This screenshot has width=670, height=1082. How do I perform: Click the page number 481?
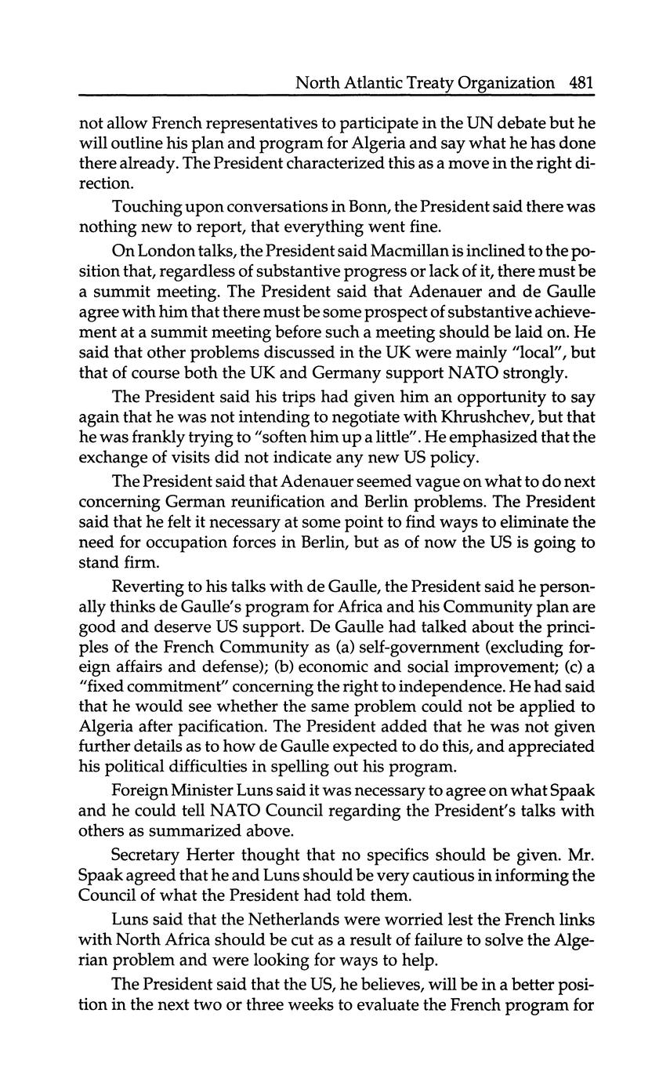(582, 82)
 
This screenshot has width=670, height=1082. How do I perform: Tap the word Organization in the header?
(505, 83)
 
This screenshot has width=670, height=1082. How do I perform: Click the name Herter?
(219, 854)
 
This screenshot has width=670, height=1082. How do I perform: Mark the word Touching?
(148, 207)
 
